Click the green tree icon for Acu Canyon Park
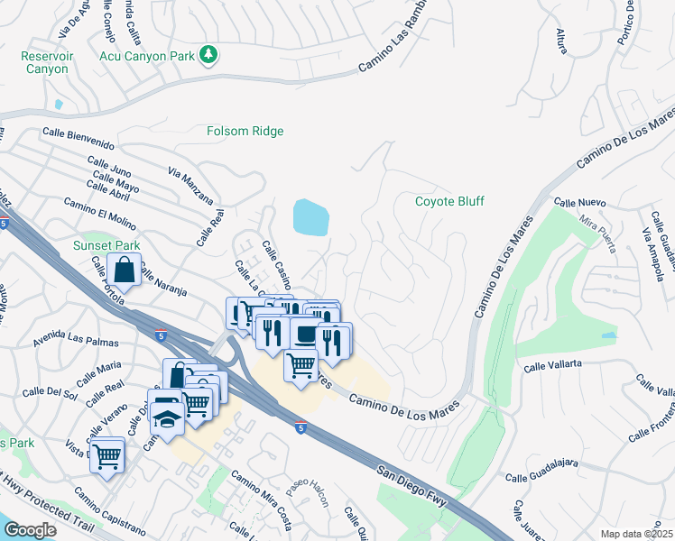[208, 55]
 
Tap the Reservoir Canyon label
[45, 62]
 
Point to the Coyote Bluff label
[449, 201]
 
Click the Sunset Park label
[106, 245]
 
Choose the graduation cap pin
[167, 417]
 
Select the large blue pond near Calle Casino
[310, 217]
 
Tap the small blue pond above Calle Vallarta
[609, 335]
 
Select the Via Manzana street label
[190, 186]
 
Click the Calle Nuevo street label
[579, 203]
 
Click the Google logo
[30, 530]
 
